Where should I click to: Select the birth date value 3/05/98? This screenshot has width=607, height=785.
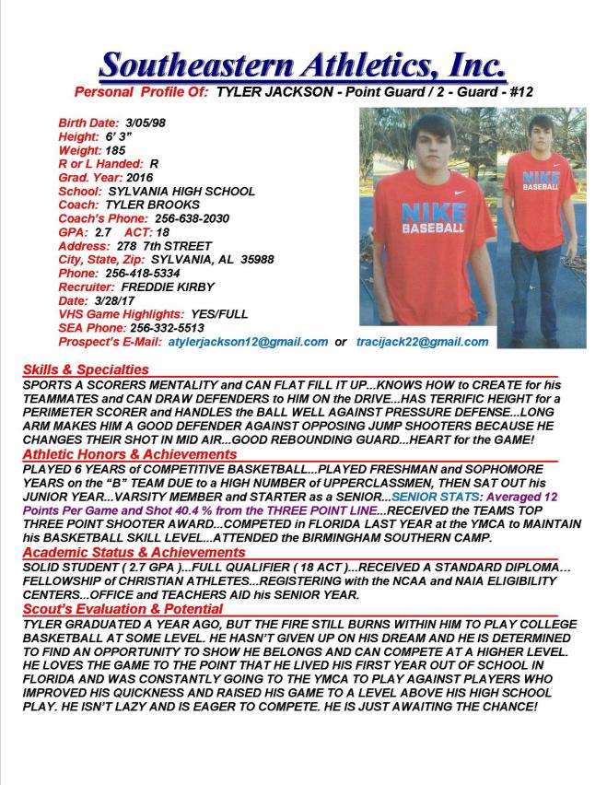(146, 123)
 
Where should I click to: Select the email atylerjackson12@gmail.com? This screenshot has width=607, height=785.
(248, 342)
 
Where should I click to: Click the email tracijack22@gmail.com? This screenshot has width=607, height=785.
(422, 342)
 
